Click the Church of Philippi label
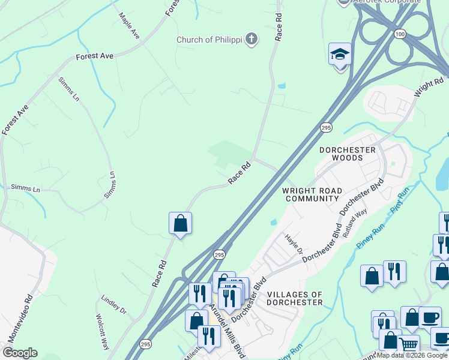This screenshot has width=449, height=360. click(209, 40)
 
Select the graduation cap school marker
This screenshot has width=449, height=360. click(340, 55)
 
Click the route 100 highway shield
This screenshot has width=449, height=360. click(400, 35)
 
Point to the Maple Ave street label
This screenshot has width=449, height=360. click(129, 26)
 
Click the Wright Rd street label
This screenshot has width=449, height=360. click(429, 88)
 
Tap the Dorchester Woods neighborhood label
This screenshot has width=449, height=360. click(348, 154)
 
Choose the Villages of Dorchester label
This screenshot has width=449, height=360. click(295, 298)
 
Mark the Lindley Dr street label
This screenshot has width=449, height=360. click(114, 304)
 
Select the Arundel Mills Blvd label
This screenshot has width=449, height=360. click(228, 330)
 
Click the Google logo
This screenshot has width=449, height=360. click(20, 353)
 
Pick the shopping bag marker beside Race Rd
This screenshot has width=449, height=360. click(180, 224)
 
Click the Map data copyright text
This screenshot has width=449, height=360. click(412, 356)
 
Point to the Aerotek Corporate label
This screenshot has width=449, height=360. click(387, 2)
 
